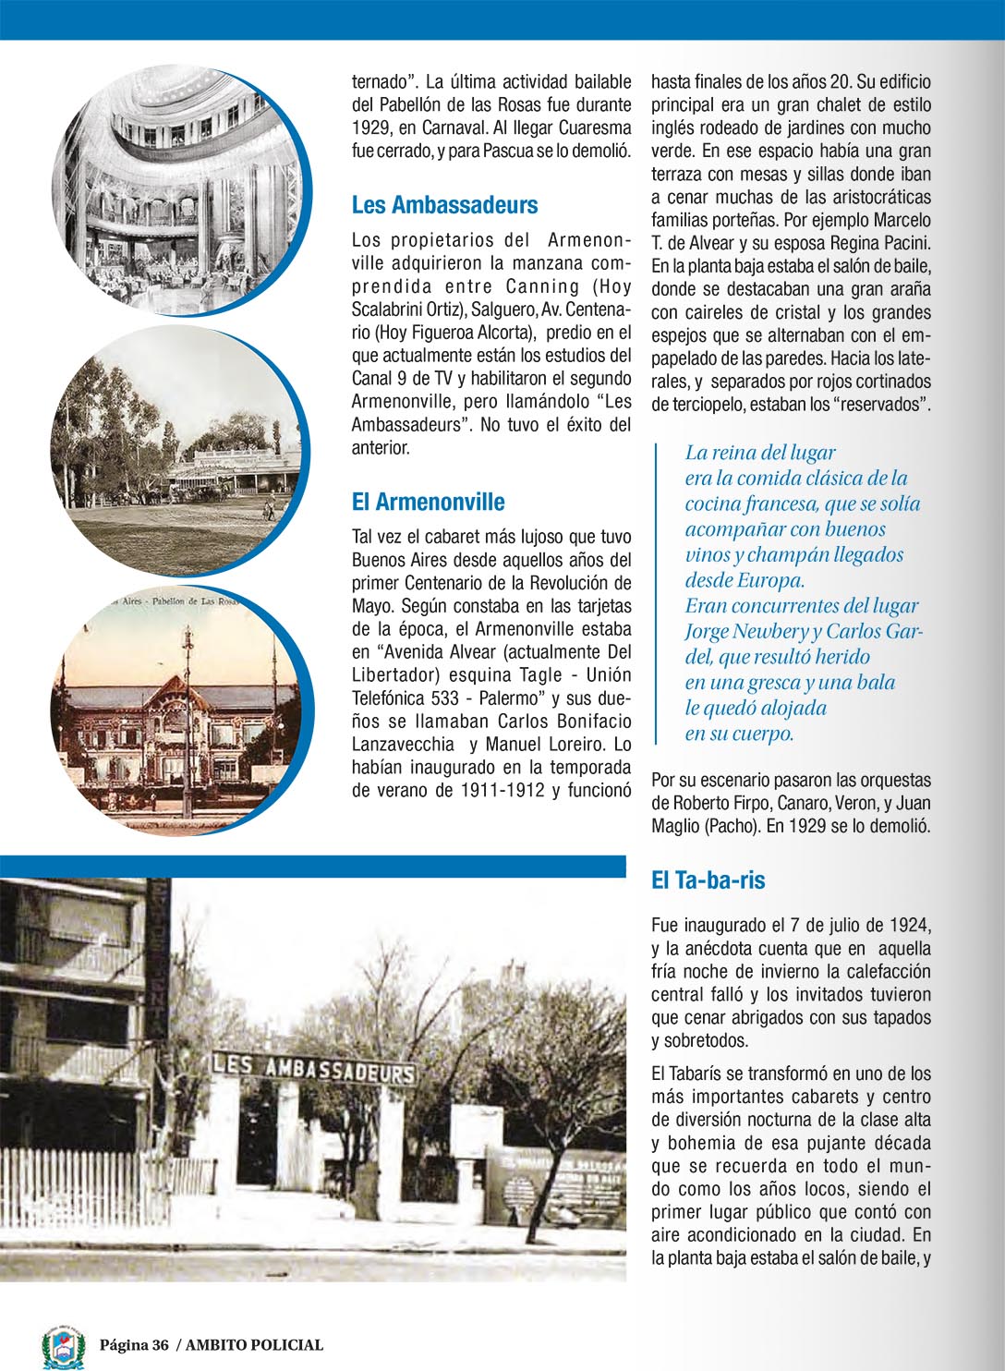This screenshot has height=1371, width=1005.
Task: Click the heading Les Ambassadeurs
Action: coord(444,205)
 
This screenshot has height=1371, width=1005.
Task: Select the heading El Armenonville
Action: coord(428,502)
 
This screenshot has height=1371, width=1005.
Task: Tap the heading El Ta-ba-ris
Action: coord(708,880)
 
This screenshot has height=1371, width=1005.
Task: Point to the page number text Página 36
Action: coord(135,1345)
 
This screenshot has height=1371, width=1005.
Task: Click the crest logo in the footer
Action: coord(64,1346)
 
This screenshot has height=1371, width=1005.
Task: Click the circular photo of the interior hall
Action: coord(180,189)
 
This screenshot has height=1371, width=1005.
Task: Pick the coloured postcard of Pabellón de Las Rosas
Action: coord(180,711)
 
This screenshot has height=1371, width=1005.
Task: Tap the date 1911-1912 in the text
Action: coord(502,791)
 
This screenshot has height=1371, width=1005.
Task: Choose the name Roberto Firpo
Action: coord(721,803)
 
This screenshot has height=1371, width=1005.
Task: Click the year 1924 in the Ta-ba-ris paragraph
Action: coord(910,925)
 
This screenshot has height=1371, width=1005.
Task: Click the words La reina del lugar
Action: coord(759,453)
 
